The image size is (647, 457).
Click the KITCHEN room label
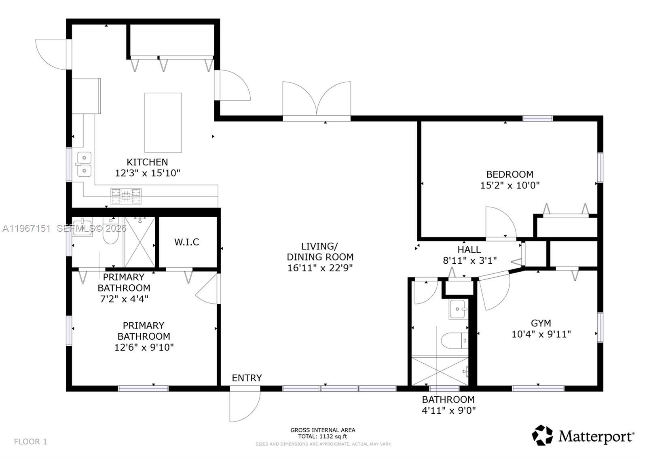tap(147, 162)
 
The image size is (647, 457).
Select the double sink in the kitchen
tap(84, 164)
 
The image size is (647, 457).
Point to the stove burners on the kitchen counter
tap(126, 196)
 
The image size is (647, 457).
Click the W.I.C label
tap(187, 242)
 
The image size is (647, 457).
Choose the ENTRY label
tap(247, 378)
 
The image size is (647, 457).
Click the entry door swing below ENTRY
tap(244, 406)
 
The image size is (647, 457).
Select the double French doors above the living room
tap(317, 99)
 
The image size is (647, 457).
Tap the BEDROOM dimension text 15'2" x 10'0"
tap(510, 185)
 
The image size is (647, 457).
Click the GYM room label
tap(541, 323)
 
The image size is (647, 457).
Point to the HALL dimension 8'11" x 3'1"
tap(469, 260)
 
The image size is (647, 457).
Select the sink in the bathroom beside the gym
tap(458, 309)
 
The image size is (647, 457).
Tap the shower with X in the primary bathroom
tap(140, 242)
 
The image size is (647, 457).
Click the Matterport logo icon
tap(542, 435)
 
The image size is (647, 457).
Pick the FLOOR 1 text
tap(31, 442)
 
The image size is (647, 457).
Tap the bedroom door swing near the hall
tap(500, 222)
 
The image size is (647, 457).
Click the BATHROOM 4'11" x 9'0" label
tap(448, 405)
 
